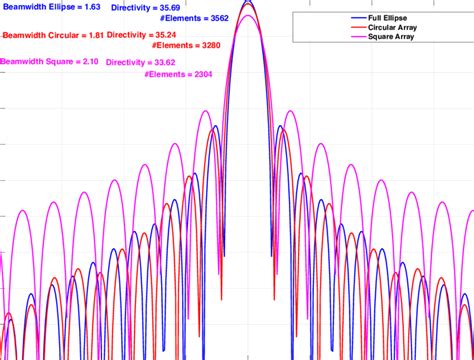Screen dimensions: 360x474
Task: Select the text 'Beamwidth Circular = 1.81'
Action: [x=53, y=35]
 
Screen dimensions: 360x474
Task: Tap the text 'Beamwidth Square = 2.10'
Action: [x=49, y=61]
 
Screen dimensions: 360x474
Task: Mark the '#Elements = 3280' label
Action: [x=186, y=45]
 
